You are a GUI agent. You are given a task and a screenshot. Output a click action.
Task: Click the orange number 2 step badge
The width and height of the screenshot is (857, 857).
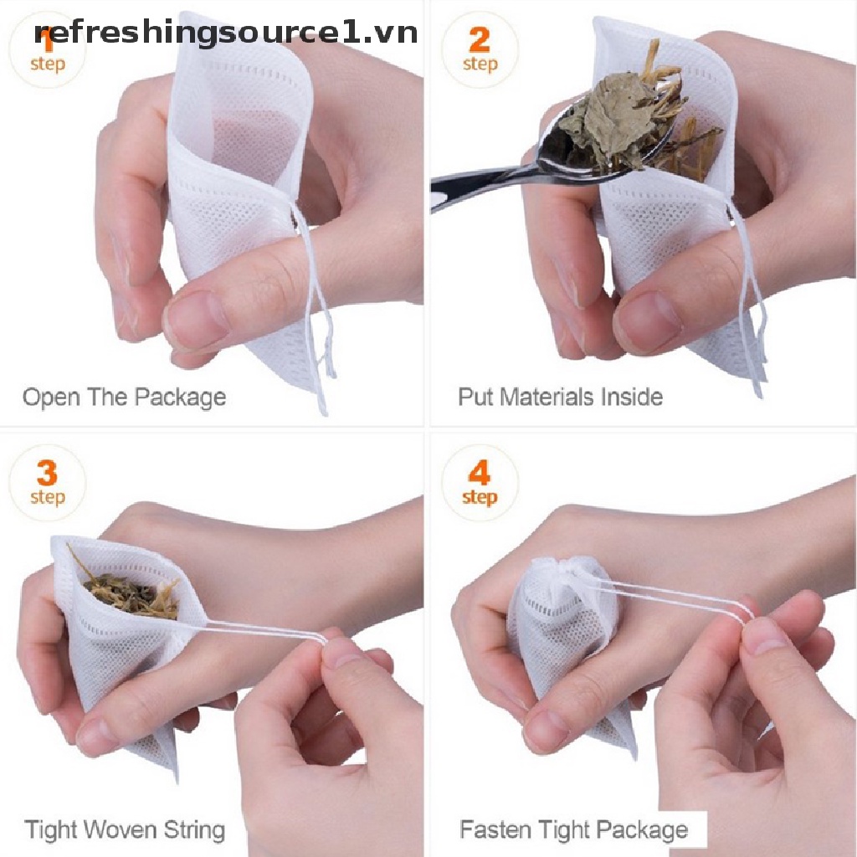pos(480,49)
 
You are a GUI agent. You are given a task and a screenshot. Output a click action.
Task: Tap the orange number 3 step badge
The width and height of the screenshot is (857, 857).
pos(48,483)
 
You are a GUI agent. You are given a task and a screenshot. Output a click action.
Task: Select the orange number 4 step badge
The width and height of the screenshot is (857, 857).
pos(480,483)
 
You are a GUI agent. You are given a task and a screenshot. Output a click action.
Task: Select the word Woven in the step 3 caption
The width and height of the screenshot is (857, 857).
pos(121,829)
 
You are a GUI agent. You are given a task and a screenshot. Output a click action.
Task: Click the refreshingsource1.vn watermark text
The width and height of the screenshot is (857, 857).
pos(226,33)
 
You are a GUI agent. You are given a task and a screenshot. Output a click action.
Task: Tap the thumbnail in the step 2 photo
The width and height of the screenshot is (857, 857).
pos(647,320)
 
